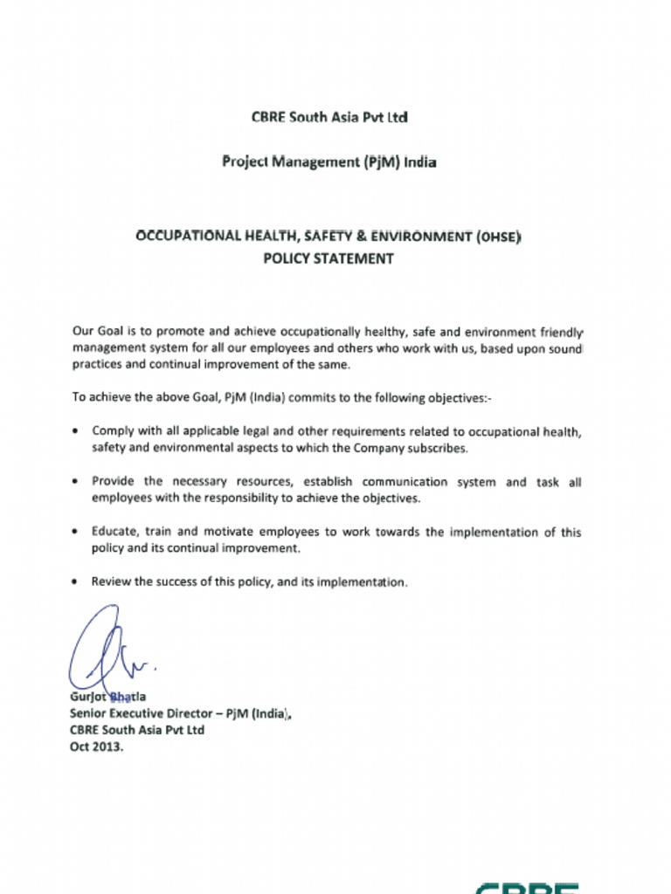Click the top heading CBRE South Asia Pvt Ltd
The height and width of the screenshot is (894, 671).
[329, 116]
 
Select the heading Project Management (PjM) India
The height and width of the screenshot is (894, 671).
[329, 162]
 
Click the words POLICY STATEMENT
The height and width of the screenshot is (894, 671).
[329, 258]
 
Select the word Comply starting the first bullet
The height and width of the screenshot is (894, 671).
[111, 431]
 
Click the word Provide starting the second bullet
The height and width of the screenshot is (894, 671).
[114, 482]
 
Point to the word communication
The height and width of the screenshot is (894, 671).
[405, 482]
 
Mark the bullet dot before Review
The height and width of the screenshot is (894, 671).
[78, 581]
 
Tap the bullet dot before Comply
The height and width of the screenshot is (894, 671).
[78, 432]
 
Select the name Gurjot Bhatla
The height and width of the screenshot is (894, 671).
[108, 697]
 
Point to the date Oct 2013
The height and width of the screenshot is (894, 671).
[97, 747]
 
